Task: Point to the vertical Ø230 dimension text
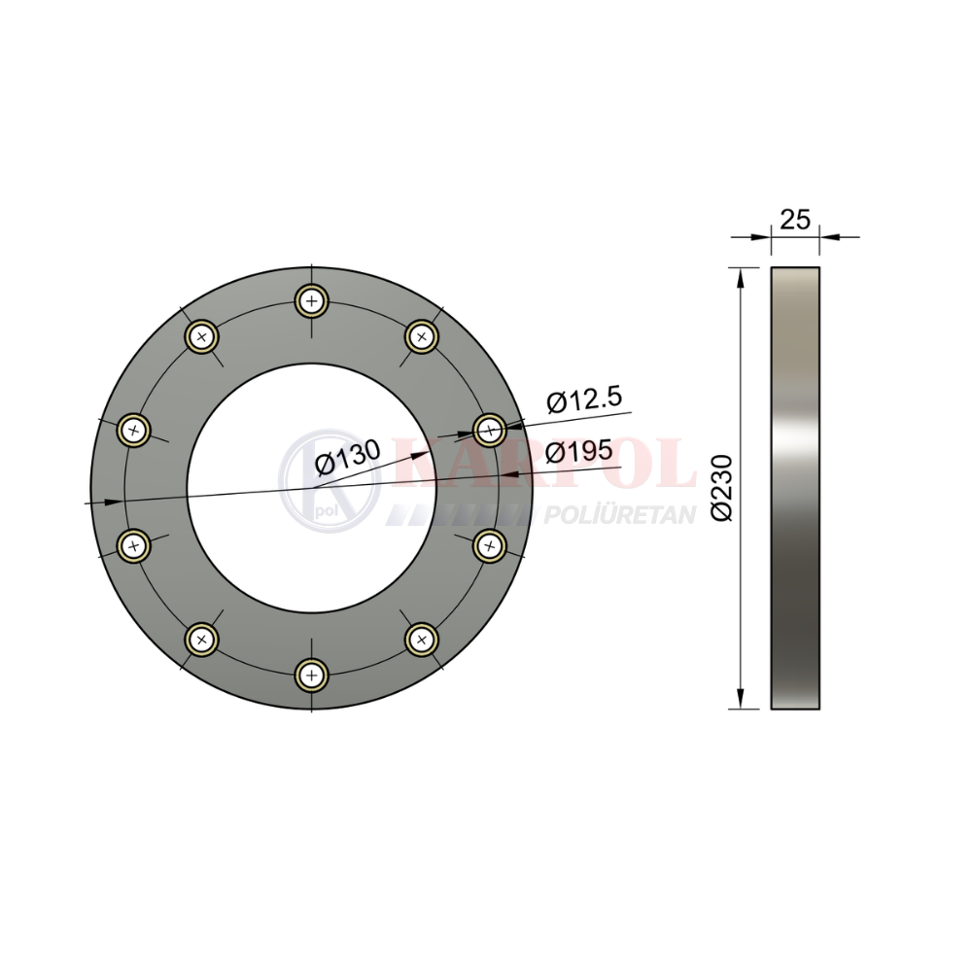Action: pos(722,488)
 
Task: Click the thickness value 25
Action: pos(795,220)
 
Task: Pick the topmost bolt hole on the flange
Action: pos(312,302)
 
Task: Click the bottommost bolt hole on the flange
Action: pos(312,675)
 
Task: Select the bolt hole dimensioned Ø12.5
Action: pos(490,429)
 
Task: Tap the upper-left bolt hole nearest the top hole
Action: pos(201,337)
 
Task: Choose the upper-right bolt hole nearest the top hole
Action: pos(422,337)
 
